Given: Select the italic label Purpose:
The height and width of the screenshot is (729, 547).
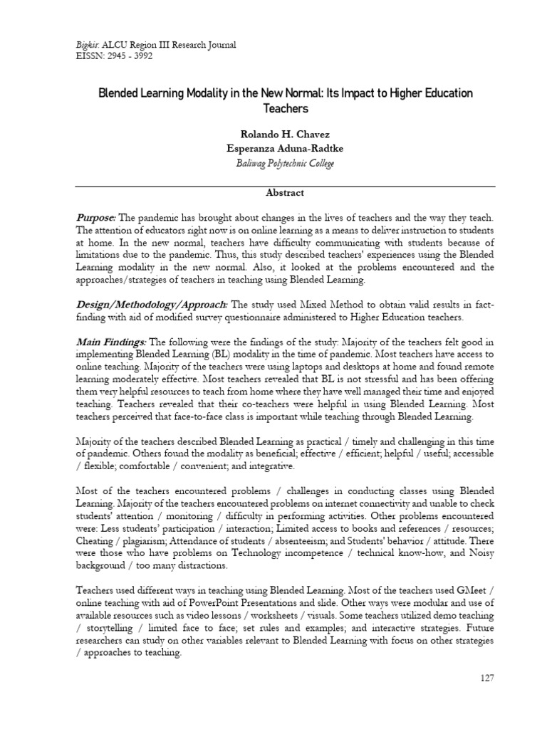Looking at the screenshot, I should coord(96,216).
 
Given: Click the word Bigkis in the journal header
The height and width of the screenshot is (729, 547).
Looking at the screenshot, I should coord(87,45).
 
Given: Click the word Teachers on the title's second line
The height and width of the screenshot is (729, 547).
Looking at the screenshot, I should coord(273,108).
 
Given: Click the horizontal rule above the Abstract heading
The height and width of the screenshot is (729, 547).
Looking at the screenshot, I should coord(273,182).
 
